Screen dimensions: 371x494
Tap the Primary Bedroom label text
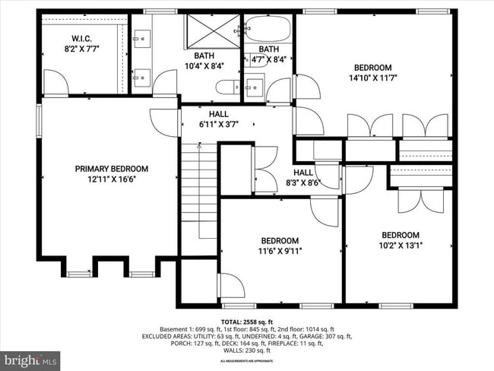(111, 169)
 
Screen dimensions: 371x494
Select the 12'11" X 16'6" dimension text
(111, 179)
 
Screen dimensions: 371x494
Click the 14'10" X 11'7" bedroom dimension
(374, 78)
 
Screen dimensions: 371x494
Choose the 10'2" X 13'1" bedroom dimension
(401, 245)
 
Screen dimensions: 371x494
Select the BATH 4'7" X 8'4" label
(268, 55)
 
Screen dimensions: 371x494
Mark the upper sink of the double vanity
(142, 36)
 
